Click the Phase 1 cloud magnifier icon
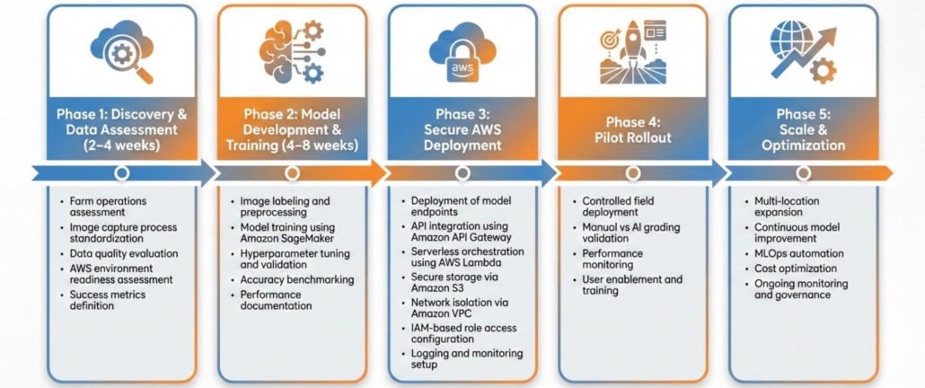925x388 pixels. point(121,51)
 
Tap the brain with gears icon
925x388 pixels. point(292,51)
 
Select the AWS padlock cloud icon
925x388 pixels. point(462,52)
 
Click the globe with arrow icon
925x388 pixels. point(802,51)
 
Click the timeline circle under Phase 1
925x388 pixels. point(122,172)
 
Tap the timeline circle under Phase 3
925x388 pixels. point(462,172)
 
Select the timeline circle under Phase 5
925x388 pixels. point(802,172)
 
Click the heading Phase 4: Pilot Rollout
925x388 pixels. point(632,129)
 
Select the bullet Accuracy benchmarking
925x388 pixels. point(296,279)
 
